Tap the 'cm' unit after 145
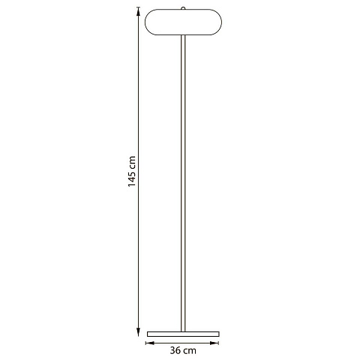click(133, 161)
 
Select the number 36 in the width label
click(175, 350)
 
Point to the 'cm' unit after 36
click(190, 351)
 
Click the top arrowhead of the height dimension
click(138, 11)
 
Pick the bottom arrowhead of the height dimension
click(138, 332)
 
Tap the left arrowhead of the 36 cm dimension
click(150, 343)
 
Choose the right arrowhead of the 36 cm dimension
click(214, 343)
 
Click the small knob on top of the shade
click(183, 8)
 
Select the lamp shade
click(183, 22)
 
